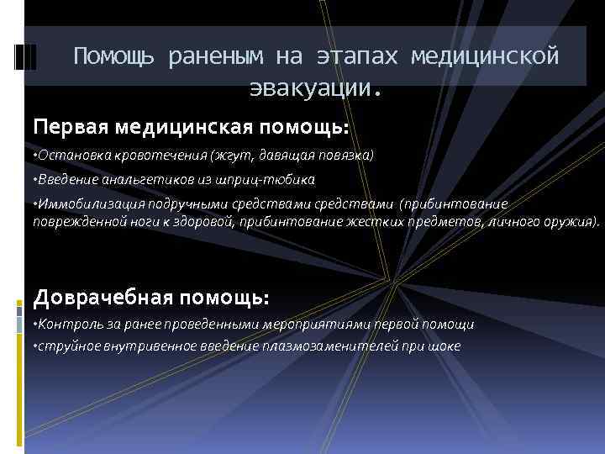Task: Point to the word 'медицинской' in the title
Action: [485, 56]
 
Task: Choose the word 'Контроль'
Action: [66, 325]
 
